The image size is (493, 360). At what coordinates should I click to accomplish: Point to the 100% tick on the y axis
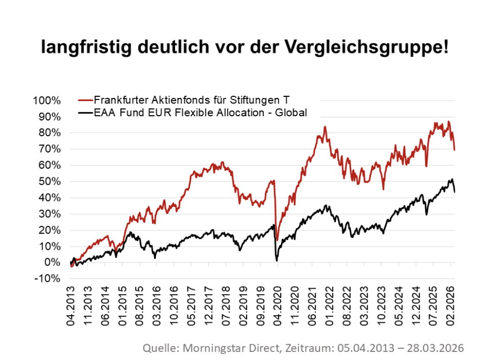47,100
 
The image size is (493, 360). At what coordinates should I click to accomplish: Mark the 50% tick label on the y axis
50,182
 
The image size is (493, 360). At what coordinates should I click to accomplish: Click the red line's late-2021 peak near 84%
325,127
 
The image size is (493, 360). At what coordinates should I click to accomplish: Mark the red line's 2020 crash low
277,240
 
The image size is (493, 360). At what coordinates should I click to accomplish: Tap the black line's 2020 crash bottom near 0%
277,261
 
